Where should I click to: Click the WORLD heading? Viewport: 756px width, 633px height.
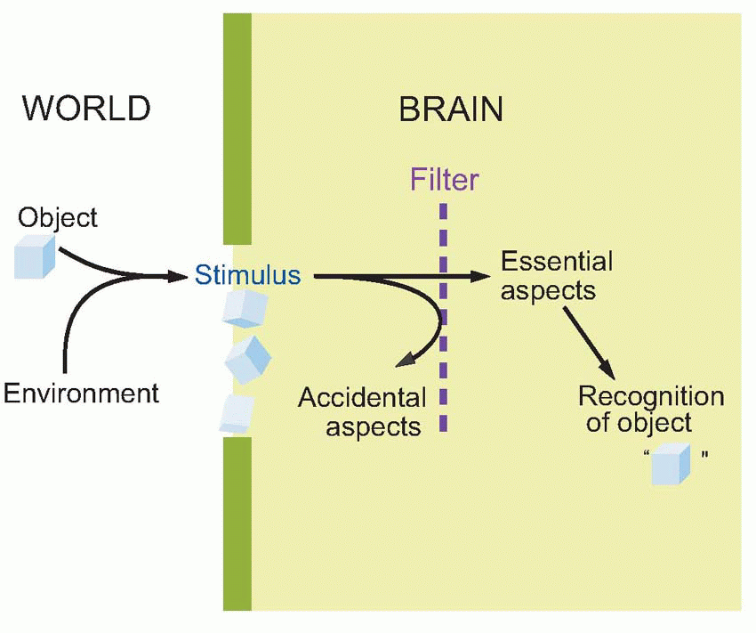[x=86, y=109]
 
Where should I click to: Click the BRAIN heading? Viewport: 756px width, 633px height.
[x=451, y=110]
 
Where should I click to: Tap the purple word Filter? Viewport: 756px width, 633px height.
[x=444, y=181]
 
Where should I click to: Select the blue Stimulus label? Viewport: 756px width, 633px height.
[x=248, y=275]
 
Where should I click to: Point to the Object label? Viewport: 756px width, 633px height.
[x=58, y=217]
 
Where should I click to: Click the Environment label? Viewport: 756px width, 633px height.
[x=81, y=393]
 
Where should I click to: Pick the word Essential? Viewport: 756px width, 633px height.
[x=557, y=262]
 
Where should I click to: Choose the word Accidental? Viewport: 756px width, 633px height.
[x=362, y=398]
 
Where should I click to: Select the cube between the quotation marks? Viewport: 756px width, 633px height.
[x=670, y=465]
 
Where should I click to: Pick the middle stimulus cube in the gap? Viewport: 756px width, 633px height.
[x=247, y=359]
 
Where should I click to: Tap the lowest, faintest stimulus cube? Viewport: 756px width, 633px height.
[x=237, y=412]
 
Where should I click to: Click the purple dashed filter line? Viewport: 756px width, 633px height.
[x=443, y=356]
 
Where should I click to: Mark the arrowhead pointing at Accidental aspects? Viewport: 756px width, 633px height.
[x=405, y=360]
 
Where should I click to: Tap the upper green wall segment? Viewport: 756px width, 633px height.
[x=237, y=129]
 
